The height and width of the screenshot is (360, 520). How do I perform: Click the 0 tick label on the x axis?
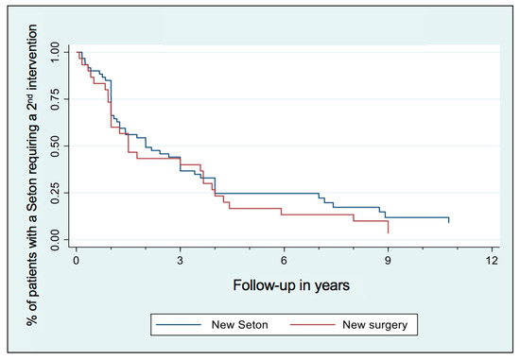pyautogui.click(x=77, y=260)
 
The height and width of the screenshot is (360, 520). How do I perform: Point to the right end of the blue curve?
pyautogui.click(x=448, y=221)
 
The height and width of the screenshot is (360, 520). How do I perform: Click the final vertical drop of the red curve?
pyautogui.click(x=388, y=227)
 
